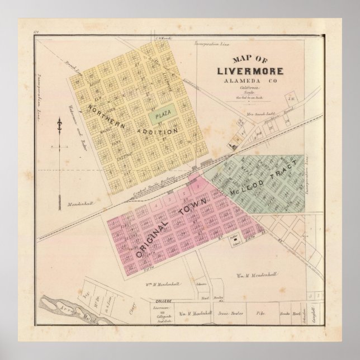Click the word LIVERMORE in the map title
pyautogui.click(x=250, y=71)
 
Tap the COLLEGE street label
pyautogui.click(x=163, y=301)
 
